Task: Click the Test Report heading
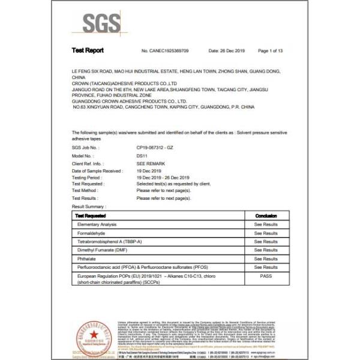pyautogui.click(x=88, y=52)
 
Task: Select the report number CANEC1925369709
pyautogui.click(x=164, y=52)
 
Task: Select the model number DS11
pyautogui.click(x=142, y=155)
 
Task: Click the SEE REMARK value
pyautogui.click(x=149, y=163)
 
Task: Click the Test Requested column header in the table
pyautogui.click(x=91, y=215)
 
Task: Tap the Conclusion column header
pyautogui.click(x=266, y=215)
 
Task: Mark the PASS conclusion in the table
pyautogui.click(x=266, y=275)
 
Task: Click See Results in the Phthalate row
pyautogui.click(x=266, y=258)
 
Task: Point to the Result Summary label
pyautogui.click(x=89, y=206)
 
